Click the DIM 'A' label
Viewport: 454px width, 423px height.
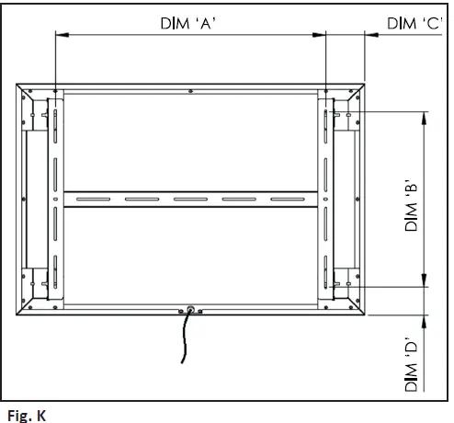click(x=187, y=24)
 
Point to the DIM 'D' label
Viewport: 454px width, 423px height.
click(x=413, y=367)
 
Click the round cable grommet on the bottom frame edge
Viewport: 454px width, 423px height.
click(x=188, y=310)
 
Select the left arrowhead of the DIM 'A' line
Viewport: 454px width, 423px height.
click(x=61, y=36)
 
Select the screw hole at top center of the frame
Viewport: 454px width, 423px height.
click(x=188, y=90)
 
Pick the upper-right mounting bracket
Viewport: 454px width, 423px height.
click(x=341, y=115)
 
